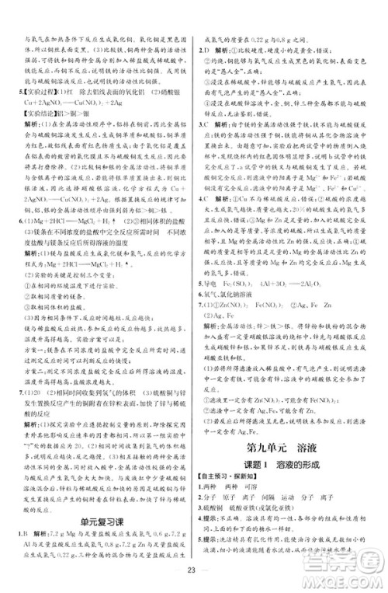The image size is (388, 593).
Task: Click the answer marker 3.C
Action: tap(204, 123)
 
